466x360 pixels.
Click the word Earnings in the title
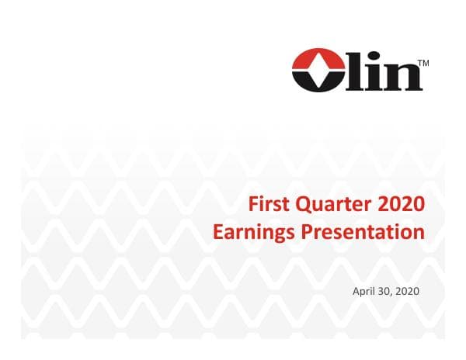[x=250, y=231]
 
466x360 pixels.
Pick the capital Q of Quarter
[x=303, y=205]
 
